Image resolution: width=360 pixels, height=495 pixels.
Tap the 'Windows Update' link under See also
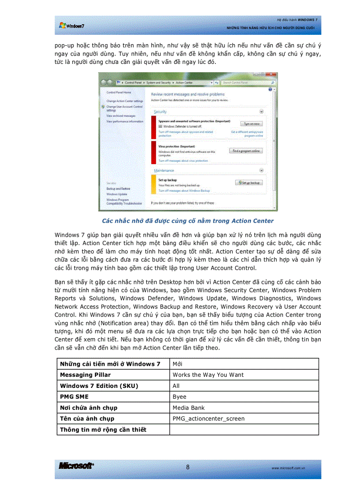click(116, 194)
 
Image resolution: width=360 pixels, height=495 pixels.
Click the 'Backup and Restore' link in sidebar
click(118, 189)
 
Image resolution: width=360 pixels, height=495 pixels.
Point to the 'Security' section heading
click(160, 112)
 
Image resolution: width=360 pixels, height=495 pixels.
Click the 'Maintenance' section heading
click(164, 170)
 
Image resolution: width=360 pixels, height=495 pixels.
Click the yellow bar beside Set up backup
click(155, 184)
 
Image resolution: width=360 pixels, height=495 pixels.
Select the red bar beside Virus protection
click(155, 153)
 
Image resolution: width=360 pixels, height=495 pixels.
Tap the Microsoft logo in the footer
click(76, 466)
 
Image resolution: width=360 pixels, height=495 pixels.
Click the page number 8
click(187, 467)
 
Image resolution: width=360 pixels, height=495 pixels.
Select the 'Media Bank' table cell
click(188, 408)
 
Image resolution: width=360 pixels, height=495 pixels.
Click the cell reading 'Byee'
click(180, 397)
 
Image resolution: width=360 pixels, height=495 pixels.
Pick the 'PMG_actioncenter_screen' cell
click(208, 419)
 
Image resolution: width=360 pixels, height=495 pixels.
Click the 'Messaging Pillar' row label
click(85, 375)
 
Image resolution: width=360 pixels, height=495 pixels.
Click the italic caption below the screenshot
click(187, 221)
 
